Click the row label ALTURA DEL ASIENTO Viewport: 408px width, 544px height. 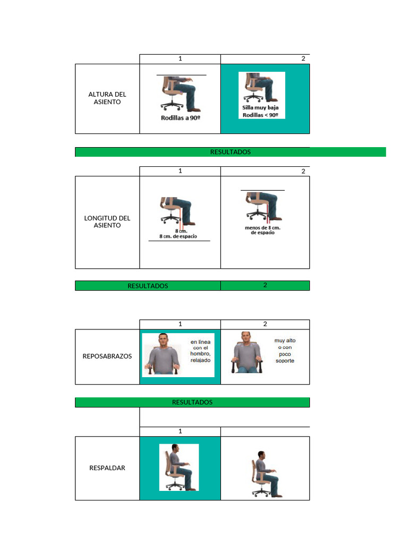107,98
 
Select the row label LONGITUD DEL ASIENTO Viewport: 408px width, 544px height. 107,222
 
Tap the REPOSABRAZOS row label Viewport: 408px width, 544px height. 107,356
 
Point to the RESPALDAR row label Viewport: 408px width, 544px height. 107,468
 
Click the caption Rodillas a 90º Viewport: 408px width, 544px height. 181,118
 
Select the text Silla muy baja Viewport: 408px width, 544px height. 260,107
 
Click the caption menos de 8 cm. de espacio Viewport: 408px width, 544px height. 262,230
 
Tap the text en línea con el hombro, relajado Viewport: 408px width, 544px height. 200,351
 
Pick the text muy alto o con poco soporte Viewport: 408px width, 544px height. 285,351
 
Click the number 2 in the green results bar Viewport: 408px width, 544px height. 265,285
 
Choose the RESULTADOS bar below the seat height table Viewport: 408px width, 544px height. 231,152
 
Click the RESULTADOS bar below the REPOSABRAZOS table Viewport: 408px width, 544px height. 192,403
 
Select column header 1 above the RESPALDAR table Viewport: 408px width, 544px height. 180,431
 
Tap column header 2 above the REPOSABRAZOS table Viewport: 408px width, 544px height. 265,324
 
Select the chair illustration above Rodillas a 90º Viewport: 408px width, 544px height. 181,93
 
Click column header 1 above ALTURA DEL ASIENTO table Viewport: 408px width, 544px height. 180,58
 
